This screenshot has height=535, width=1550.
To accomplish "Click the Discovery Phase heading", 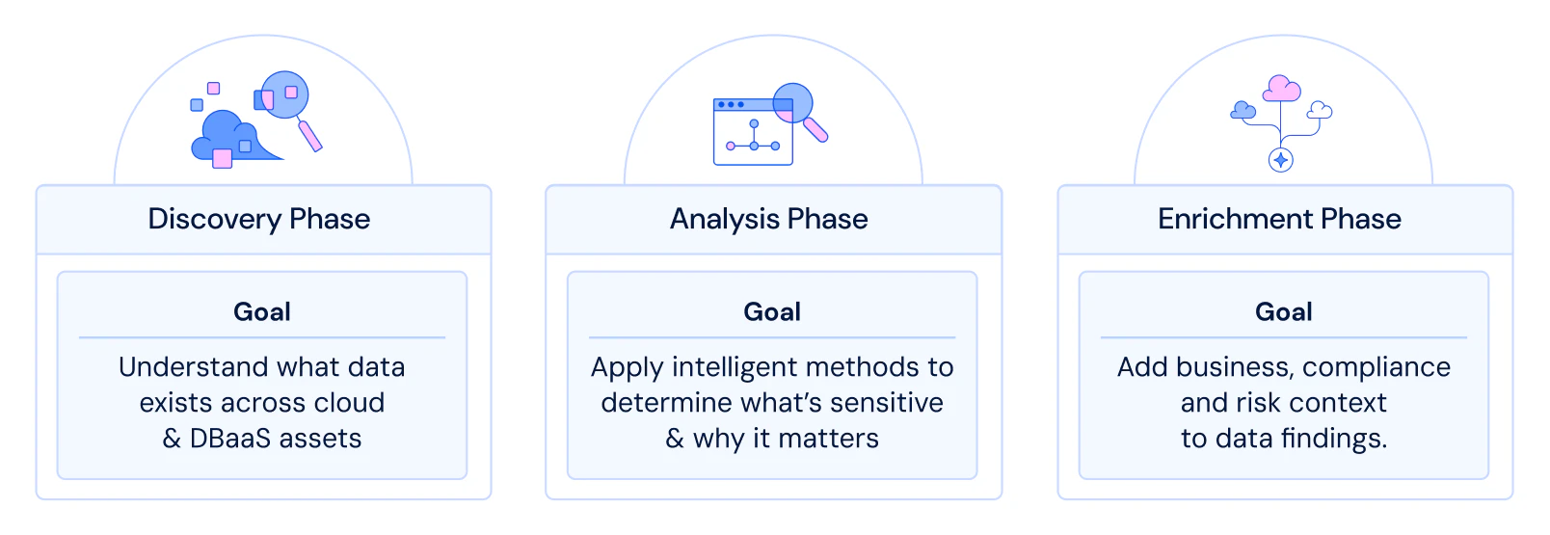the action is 259,220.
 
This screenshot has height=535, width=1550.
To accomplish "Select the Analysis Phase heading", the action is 769,220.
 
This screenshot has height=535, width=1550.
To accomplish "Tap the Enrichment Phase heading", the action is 1279,220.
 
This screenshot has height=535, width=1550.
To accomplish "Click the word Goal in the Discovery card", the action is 262,312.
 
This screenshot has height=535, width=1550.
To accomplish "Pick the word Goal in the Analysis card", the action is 772,312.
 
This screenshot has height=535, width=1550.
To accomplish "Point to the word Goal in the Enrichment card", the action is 1284,312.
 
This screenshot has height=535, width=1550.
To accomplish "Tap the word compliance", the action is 1376,367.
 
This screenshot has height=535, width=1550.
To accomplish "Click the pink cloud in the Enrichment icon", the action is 1281,89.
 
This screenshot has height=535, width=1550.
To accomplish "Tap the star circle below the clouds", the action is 1281,161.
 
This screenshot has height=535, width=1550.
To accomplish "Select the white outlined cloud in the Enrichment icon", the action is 1320,110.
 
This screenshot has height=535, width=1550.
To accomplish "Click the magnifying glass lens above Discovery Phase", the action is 284,94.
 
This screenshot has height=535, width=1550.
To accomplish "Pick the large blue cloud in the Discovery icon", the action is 231,139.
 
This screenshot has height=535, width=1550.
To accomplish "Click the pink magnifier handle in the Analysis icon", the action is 815,130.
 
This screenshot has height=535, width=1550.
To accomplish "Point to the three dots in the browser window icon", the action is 731,105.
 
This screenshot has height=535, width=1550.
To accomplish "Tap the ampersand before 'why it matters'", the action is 675,439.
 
